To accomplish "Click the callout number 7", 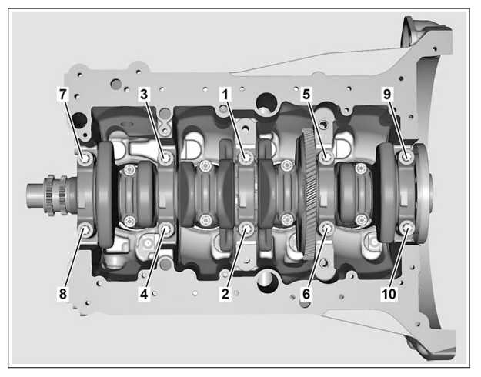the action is (63, 94).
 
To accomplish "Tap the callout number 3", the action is (144, 94).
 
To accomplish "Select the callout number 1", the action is (225, 94).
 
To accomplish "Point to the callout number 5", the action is (306, 94).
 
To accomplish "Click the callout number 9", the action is (387, 94).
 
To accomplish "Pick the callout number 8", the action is (63, 294).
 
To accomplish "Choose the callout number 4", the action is (144, 294).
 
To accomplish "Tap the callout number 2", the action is (225, 294).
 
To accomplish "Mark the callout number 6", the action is (306, 294).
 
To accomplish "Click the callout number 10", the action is (389, 294).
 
